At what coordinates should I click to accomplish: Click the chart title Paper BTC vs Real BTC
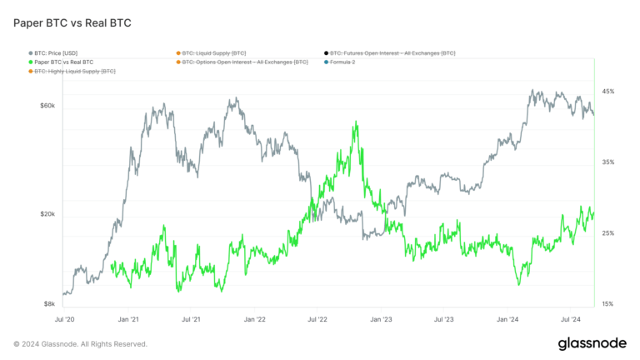72,22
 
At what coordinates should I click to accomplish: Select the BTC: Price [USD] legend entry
57,52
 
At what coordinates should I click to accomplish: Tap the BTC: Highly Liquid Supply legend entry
73,72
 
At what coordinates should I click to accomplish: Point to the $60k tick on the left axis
47,106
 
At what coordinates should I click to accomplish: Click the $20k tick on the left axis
47,214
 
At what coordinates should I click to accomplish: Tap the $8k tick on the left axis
48,304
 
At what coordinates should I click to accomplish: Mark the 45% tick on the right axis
608,92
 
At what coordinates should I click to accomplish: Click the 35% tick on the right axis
608,162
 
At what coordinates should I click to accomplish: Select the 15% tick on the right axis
608,304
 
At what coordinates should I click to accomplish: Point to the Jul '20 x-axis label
65,319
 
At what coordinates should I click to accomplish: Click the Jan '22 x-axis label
254,319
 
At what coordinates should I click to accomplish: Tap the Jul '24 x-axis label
571,319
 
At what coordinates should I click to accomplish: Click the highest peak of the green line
356,122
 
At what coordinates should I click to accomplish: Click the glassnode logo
592,343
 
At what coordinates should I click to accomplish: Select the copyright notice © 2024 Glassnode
80,343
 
